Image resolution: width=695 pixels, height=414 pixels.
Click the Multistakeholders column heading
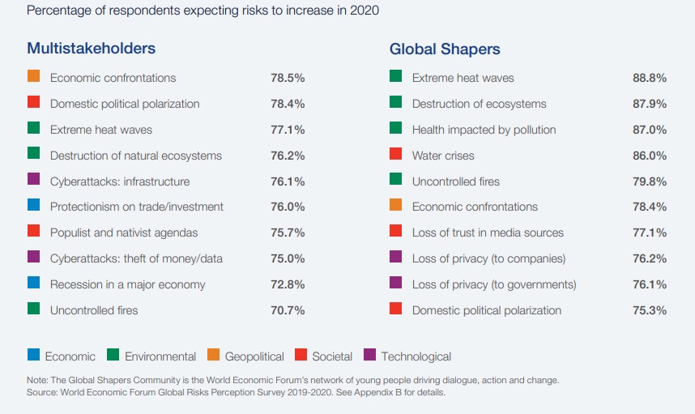tap(91, 48)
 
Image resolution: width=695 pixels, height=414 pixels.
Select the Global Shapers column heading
tap(445, 49)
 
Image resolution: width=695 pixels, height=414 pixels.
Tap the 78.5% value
tap(288, 79)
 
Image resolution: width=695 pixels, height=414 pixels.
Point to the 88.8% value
tap(650, 79)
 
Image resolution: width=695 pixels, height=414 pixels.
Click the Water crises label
tap(443, 156)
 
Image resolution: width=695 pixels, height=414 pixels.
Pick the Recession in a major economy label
tap(127, 284)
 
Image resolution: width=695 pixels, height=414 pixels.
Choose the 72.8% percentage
tap(288, 284)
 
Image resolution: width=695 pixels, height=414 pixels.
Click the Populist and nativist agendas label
tap(124, 233)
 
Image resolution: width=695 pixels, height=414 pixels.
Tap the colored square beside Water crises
tap(396, 154)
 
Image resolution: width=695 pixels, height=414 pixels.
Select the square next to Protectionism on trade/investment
tap(33, 206)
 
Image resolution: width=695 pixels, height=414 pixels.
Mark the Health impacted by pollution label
tap(484, 130)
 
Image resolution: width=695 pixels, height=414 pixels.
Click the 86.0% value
tap(650, 156)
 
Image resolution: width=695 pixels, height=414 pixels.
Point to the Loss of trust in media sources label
tap(488, 233)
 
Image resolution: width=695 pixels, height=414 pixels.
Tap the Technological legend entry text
tap(416, 356)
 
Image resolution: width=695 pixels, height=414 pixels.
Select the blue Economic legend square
tap(33, 355)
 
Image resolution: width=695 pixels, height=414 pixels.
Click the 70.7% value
tap(288, 310)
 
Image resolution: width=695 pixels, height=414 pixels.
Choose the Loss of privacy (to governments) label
tap(494, 284)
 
